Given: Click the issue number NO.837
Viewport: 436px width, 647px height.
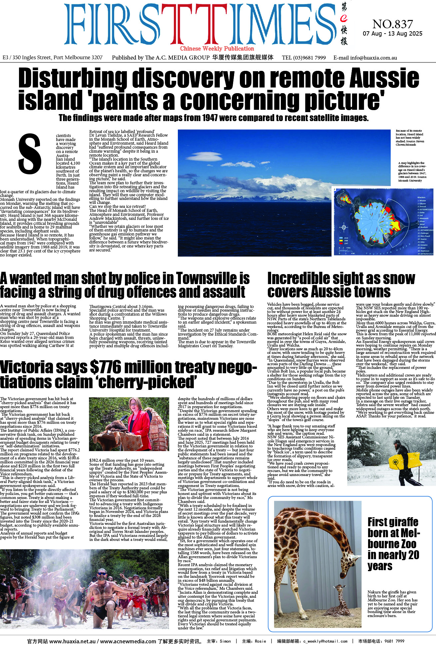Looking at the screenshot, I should pyautogui.click(x=392, y=24).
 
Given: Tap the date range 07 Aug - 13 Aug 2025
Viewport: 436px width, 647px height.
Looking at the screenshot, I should pyautogui.click(x=392, y=34).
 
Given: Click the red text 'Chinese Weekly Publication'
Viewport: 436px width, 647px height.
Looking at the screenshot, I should pyautogui.click(x=217, y=49).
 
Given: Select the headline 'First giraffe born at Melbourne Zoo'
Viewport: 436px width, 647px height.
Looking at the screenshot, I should pyautogui.click(x=393, y=544).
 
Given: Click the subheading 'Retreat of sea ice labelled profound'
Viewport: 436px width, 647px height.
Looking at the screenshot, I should pyautogui.click(x=122, y=131).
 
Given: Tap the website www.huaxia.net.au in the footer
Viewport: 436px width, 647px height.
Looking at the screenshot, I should pyautogui.click(x=72, y=641).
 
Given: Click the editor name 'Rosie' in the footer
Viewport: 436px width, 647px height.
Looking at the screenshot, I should pyautogui.click(x=260, y=641).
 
